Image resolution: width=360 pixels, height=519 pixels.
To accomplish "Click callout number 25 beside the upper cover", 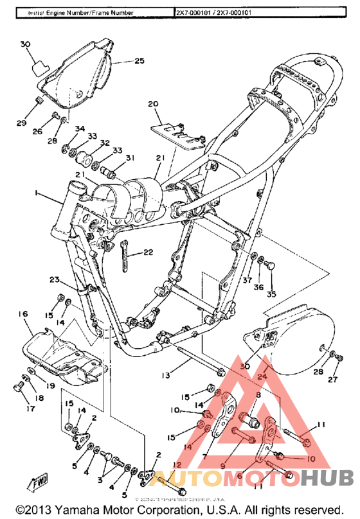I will pyautogui.click(x=139, y=62).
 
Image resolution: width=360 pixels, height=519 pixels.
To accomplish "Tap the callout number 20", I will pyautogui.click(x=152, y=103).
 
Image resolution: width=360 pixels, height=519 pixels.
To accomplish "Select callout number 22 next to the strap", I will pyautogui.click(x=148, y=252).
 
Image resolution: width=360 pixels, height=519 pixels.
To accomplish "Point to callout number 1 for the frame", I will pyautogui.click(x=37, y=193).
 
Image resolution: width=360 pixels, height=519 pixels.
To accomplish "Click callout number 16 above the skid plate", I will pyautogui.click(x=23, y=313).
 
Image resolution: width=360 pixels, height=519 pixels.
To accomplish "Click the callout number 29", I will pyautogui.click(x=21, y=123).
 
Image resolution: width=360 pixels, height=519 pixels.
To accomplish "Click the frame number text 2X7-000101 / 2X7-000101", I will pyautogui.click(x=221, y=12).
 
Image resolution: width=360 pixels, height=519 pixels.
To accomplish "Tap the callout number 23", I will pyautogui.click(x=54, y=279).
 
